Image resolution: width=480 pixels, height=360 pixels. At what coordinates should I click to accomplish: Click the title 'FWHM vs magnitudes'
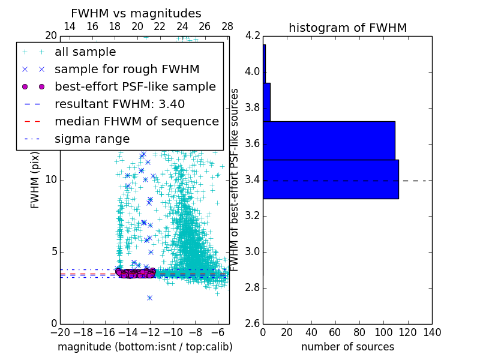(x=136, y=13)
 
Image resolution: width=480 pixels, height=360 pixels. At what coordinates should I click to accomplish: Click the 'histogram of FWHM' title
(x=347, y=28)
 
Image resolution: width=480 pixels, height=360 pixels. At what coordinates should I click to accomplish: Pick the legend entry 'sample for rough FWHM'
(x=127, y=70)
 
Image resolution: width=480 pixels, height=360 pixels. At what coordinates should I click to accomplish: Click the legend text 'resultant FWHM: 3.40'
(x=119, y=104)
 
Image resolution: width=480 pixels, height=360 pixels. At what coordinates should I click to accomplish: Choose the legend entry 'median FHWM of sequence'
(x=136, y=122)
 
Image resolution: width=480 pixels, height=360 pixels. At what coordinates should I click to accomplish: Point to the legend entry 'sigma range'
(x=92, y=139)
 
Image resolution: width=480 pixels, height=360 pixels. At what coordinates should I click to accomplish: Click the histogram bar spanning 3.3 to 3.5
(x=331, y=179)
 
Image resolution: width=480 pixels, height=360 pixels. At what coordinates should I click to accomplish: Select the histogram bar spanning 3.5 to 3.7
(x=329, y=140)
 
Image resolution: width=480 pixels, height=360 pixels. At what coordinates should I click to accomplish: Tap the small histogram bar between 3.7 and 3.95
(x=266, y=102)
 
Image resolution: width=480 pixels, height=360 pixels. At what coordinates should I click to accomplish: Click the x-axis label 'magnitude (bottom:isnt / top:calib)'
(x=145, y=347)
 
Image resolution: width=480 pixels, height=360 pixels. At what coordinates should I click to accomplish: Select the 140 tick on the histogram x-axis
(x=432, y=332)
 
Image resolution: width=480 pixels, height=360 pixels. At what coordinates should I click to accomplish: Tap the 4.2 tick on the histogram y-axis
(x=253, y=36)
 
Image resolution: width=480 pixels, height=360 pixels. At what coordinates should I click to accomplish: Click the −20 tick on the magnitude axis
(x=60, y=332)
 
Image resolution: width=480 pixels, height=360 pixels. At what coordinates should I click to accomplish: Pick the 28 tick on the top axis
(x=227, y=26)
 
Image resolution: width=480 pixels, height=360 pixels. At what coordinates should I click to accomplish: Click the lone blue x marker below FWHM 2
(x=149, y=298)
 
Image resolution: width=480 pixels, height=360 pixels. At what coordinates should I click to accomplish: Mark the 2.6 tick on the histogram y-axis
(x=253, y=324)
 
